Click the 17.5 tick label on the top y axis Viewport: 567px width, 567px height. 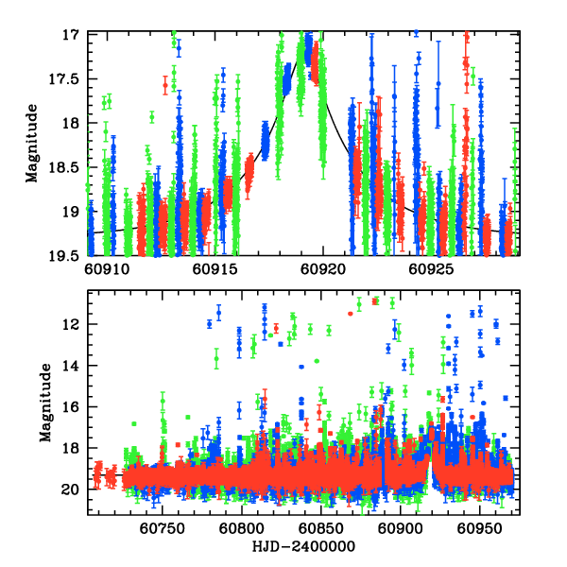pyautogui.click(x=66, y=78)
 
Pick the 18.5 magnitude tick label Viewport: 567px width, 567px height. pyautogui.click(x=66, y=167)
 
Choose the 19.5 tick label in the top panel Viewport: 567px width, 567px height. pyautogui.click(x=66, y=255)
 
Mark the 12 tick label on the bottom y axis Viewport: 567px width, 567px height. pyautogui.click(x=74, y=324)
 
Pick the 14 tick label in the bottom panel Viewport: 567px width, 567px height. pyautogui.click(x=74, y=366)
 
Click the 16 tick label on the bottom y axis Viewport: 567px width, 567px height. pyautogui.click(x=74, y=406)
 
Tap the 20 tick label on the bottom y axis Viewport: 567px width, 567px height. pyautogui.click(x=74, y=489)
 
